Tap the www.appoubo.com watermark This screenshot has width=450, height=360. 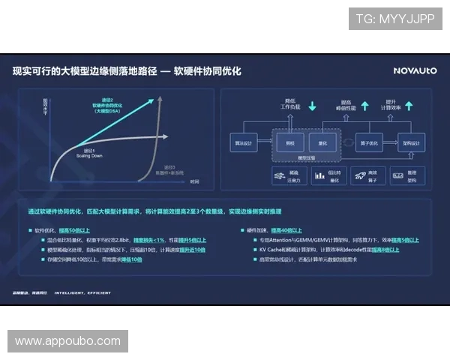68,341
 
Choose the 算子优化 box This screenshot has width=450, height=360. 373,142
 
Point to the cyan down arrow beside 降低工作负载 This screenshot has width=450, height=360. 313,106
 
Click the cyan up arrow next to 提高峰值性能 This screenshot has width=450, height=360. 365,106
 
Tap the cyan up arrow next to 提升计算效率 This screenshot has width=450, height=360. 411,106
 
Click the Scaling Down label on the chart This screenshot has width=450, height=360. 88,154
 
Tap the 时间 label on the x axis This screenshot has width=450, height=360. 193,181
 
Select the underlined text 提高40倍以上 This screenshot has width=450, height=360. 286,229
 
